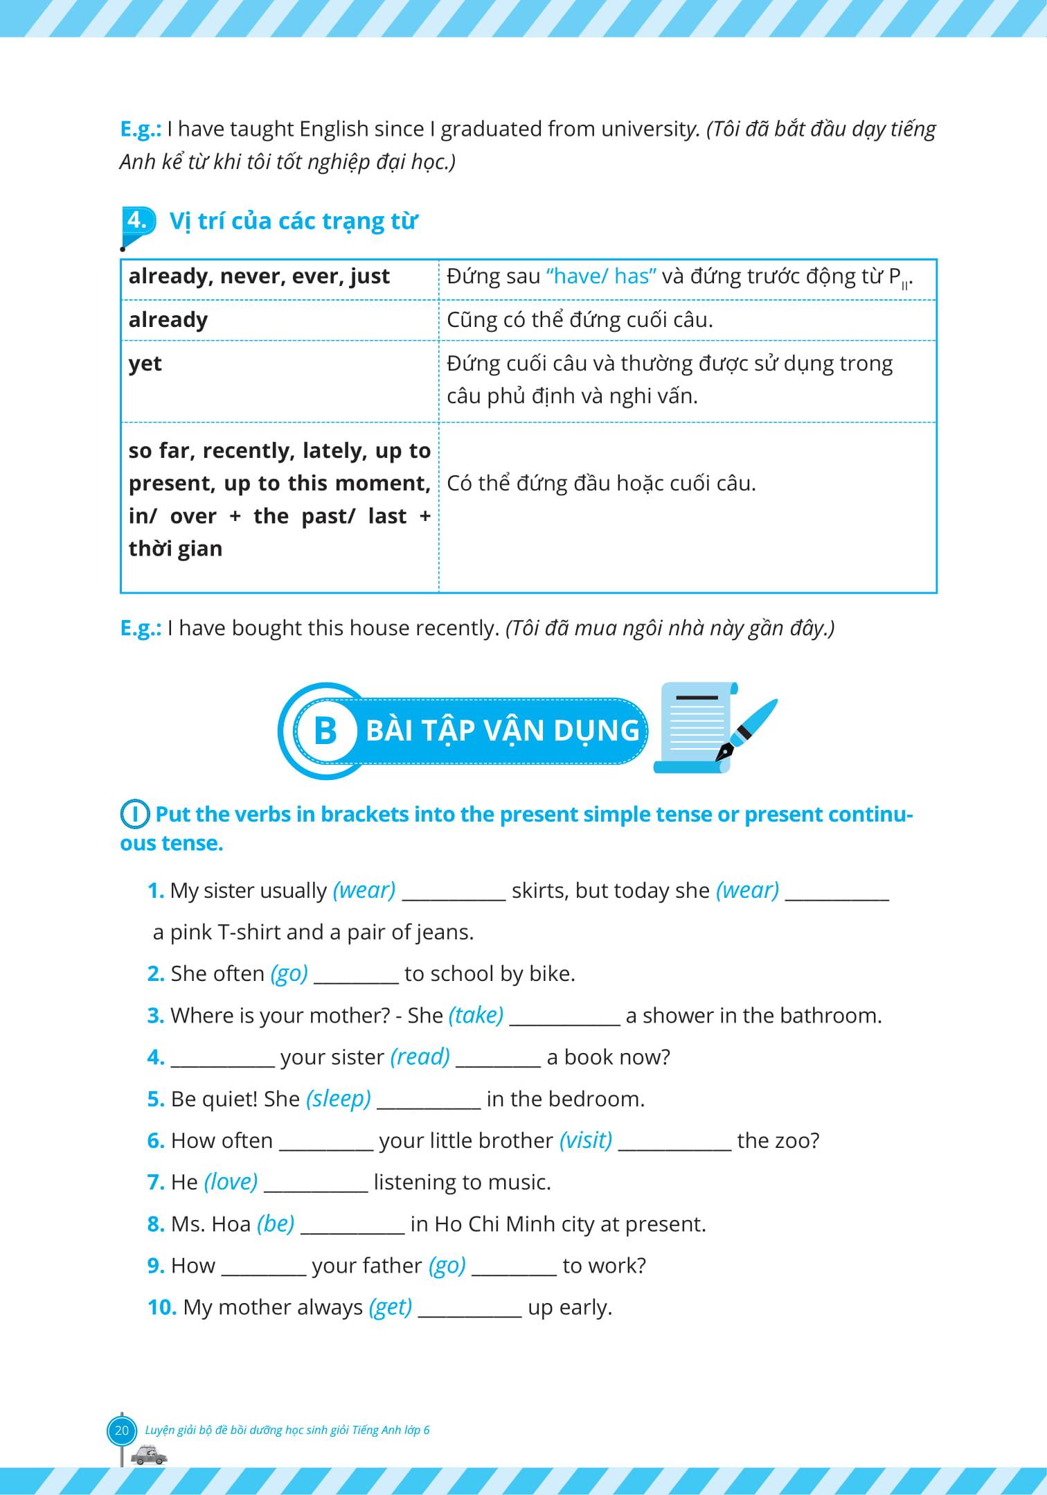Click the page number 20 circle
pos(122,1430)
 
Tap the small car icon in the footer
pos(149,1455)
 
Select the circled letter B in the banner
pos(325,731)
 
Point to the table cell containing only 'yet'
pos(280,380)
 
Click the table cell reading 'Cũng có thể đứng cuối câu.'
pos(687,320)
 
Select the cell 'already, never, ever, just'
pos(280,277)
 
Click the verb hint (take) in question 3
pos(476,1016)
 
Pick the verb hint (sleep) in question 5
pos(338,1099)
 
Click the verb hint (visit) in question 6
pos(585,1140)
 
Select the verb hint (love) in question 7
pos(231,1182)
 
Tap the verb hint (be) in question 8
pos(276,1224)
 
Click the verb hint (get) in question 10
pos(391,1307)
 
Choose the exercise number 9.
pos(156,1266)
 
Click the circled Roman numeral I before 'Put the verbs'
pos(135,815)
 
